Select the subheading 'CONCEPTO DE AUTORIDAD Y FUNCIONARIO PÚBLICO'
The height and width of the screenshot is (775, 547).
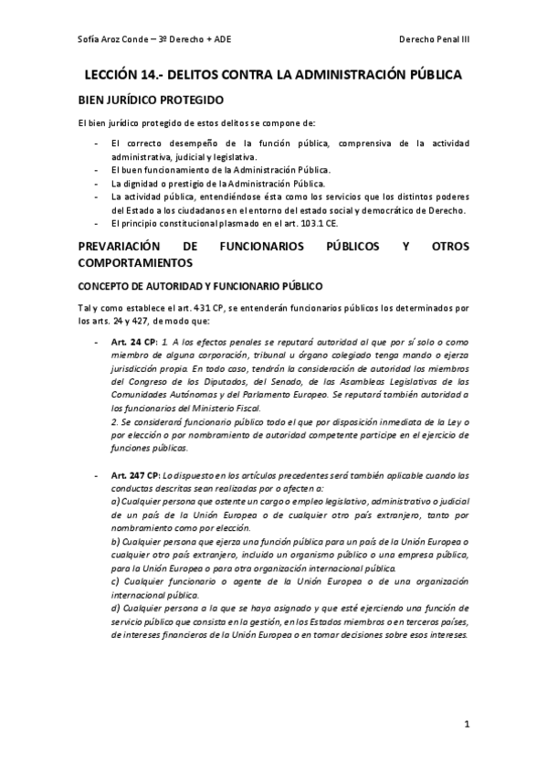(195, 284)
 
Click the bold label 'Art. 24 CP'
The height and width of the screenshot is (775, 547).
(134, 341)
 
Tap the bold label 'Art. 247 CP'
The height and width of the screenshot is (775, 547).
(137, 475)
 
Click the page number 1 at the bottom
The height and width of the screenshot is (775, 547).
(466, 726)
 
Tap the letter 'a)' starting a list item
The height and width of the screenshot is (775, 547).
(114, 502)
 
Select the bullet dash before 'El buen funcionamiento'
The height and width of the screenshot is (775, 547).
(98, 170)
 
